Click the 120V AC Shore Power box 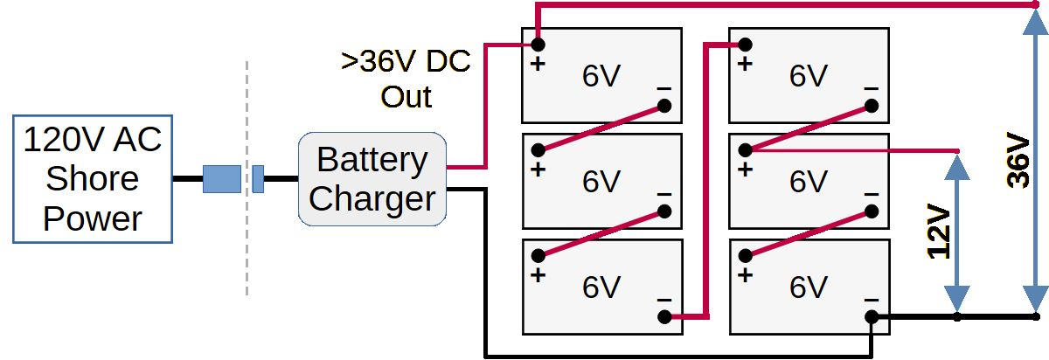pyautogui.click(x=93, y=178)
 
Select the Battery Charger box pyautogui.click(x=372, y=179)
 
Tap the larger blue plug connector pyautogui.click(x=221, y=178)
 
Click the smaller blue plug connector pyautogui.click(x=258, y=178)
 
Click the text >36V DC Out pyautogui.click(x=406, y=79)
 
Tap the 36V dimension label pyautogui.click(x=1018, y=161)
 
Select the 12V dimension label pyautogui.click(x=938, y=232)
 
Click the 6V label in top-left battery pyautogui.click(x=601, y=77)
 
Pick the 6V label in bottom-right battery pyautogui.click(x=808, y=287)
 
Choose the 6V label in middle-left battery pyautogui.click(x=601, y=181)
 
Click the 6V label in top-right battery pyautogui.click(x=808, y=77)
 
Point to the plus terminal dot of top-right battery pyautogui.click(x=745, y=44)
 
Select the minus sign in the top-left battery pyautogui.click(x=664, y=87)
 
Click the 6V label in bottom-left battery pyautogui.click(x=601, y=287)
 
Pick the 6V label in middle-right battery pyautogui.click(x=808, y=181)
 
